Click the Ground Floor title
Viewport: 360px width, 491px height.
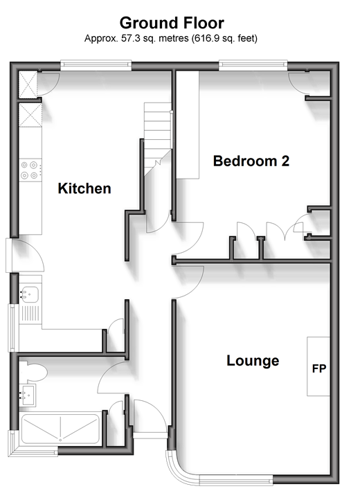click(x=172, y=23)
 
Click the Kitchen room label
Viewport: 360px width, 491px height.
click(x=84, y=188)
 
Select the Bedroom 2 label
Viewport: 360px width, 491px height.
click(x=251, y=161)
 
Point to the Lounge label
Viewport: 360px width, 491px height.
click(x=253, y=360)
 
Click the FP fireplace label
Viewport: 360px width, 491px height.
click(x=319, y=368)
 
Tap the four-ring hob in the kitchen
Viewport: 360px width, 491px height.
click(x=30, y=170)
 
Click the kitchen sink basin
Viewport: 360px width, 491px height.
click(x=30, y=294)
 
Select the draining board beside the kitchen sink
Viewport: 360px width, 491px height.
click(x=30, y=314)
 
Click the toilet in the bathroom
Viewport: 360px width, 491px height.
click(x=35, y=372)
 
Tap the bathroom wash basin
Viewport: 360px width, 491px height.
click(x=28, y=395)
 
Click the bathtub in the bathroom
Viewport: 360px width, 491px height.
click(x=61, y=429)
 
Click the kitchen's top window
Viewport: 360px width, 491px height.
click(x=96, y=65)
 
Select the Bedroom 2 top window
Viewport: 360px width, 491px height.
click(x=253, y=65)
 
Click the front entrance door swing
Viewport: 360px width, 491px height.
click(x=150, y=416)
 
